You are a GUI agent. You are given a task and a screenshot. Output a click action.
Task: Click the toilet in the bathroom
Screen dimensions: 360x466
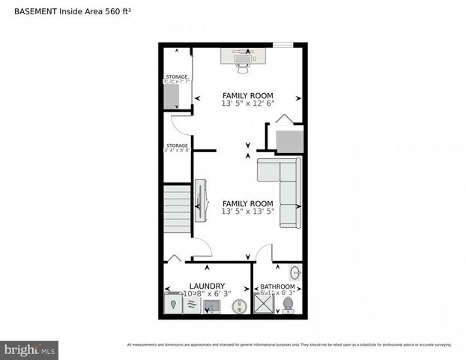[x=289, y=304]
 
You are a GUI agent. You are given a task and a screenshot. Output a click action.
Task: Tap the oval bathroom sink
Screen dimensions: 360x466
[x=295, y=272]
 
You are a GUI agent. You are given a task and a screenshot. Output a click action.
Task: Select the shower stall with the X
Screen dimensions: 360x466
[x=264, y=303]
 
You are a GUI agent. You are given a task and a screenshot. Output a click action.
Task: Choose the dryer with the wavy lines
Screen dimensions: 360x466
[x=191, y=305]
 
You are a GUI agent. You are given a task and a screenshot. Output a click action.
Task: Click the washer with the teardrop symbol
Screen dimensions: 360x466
[x=172, y=304]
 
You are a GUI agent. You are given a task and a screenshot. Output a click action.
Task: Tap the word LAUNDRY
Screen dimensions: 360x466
[x=207, y=286]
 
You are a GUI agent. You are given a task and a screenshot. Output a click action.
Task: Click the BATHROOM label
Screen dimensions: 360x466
[x=277, y=286]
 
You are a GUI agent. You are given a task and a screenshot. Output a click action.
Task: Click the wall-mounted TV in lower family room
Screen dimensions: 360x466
[x=200, y=201]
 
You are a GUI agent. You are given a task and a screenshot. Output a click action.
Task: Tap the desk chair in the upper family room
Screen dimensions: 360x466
[x=243, y=64]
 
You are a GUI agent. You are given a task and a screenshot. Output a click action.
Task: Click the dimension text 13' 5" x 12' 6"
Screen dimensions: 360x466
[x=248, y=103]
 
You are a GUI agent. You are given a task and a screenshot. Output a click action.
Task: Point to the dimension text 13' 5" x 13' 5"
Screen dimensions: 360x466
[x=247, y=211]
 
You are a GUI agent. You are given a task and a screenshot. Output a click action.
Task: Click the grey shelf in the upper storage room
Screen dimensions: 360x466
[x=172, y=97]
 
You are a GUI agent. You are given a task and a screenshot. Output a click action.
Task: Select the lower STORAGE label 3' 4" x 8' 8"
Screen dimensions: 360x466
[x=178, y=148]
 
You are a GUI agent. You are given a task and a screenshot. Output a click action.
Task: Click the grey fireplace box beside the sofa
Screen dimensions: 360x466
[x=288, y=141]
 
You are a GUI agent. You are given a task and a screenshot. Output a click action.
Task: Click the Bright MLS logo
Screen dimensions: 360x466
[x=30, y=349]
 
